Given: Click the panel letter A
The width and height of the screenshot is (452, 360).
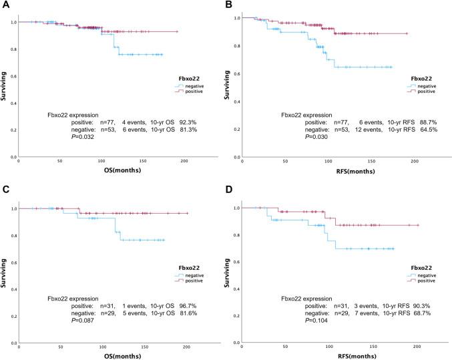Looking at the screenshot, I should (x=4, y=5).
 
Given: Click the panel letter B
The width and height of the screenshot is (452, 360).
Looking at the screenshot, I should (x=233, y=5).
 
